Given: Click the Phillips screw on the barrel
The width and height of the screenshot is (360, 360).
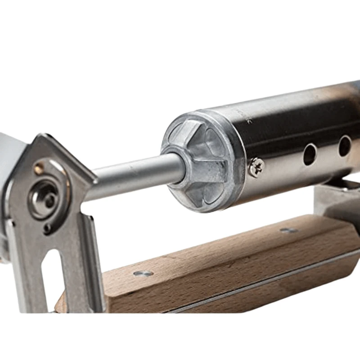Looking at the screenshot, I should pos(256,166).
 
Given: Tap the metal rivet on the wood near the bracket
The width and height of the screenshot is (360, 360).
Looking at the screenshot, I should pos(143,273).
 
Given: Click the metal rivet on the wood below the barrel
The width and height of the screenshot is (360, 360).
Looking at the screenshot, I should pos(288,230).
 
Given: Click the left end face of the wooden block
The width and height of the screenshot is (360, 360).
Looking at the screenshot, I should pos(61,304).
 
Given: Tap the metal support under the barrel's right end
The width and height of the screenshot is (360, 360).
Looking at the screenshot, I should pos(335,198).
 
